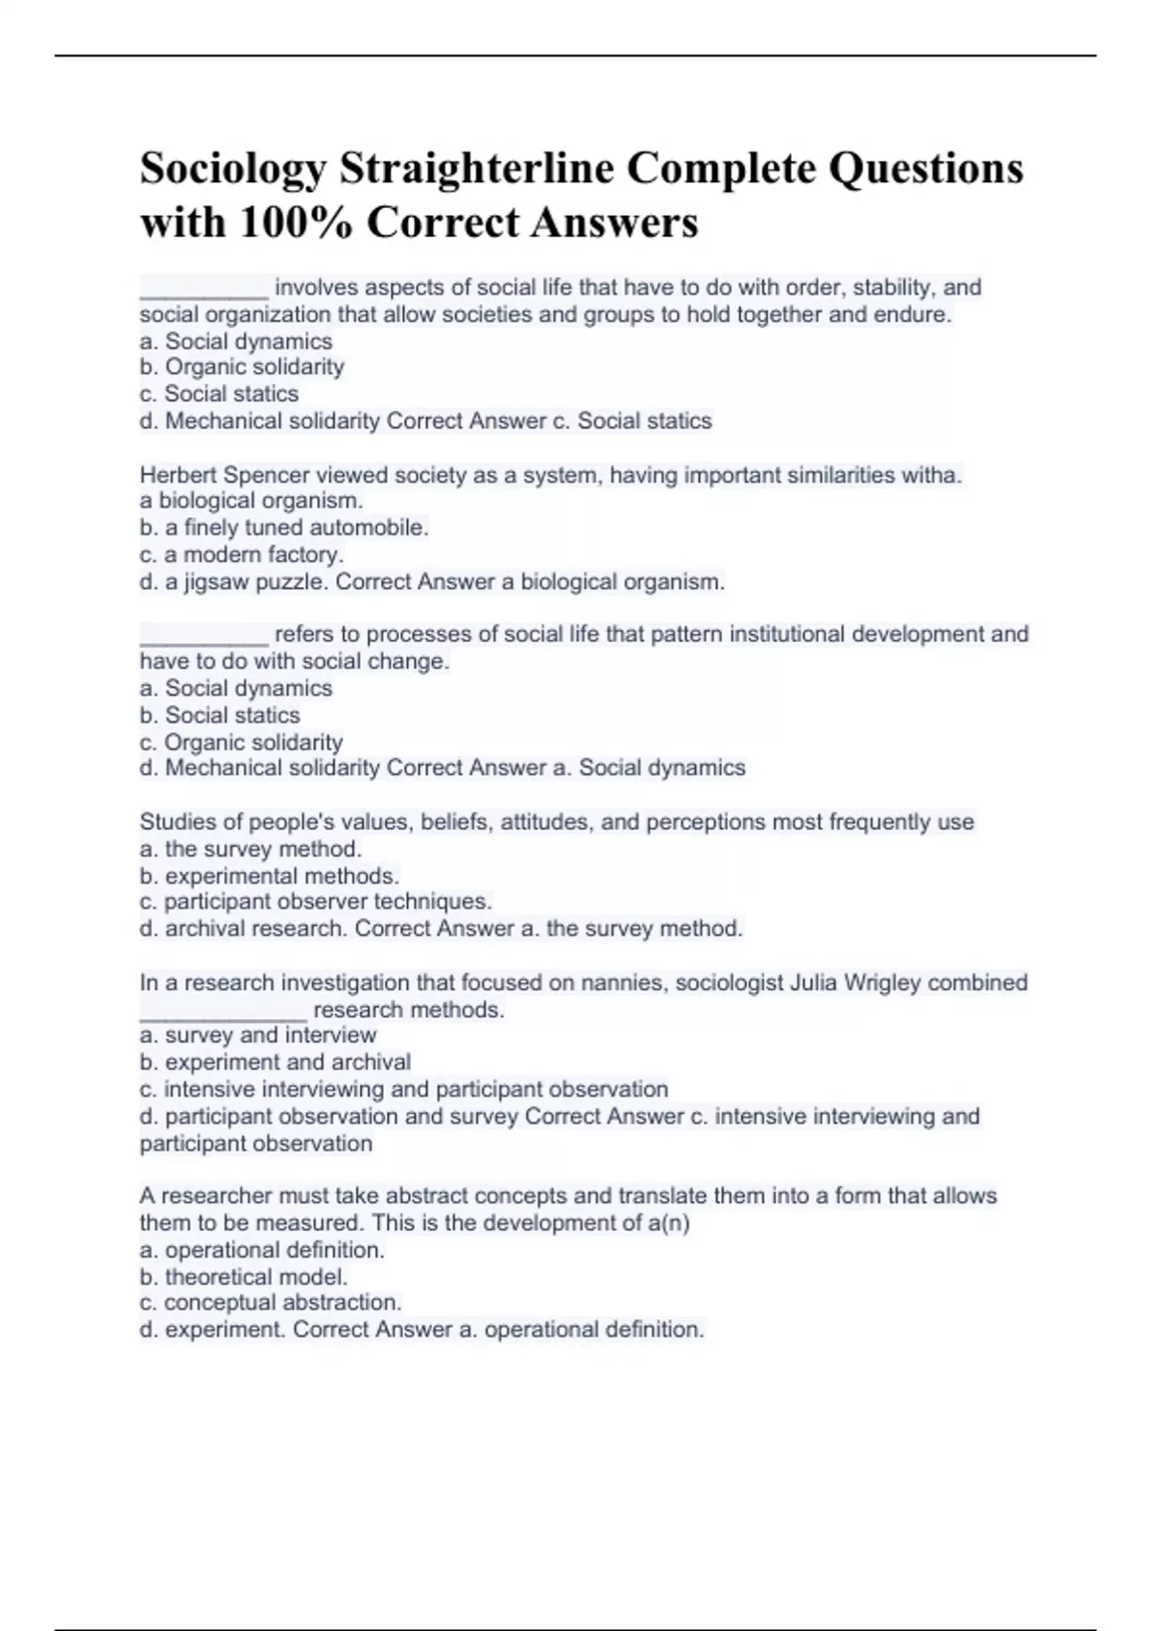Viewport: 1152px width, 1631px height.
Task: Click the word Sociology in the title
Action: pyautogui.click(x=232, y=170)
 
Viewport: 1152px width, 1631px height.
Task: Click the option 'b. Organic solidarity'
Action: pyautogui.click(x=242, y=366)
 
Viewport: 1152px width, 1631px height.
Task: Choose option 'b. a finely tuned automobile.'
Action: pyautogui.click(x=284, y=528)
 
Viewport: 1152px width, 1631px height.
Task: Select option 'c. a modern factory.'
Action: pyautogui.click(x=242, y=555)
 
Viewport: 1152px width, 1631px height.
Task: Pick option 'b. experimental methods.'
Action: pyautogui.click(x=270, y=876)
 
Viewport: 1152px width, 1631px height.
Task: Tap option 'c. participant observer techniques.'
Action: pyautogui.click(x=316, y=902)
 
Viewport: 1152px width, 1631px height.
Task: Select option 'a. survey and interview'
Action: pyautogui.click(x=258, y=1035)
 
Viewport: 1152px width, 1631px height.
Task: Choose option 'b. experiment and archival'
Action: pyautogui.click(x=276, y=1062)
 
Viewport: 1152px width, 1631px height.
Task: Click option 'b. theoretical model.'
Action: pyautogui.click(x=244, y=1277)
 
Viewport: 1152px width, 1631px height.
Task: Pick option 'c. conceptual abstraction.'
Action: pyautogui.click(x=271, y=1303)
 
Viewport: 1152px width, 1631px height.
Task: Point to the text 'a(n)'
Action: pyautogui.click(x=669, y=1223)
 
